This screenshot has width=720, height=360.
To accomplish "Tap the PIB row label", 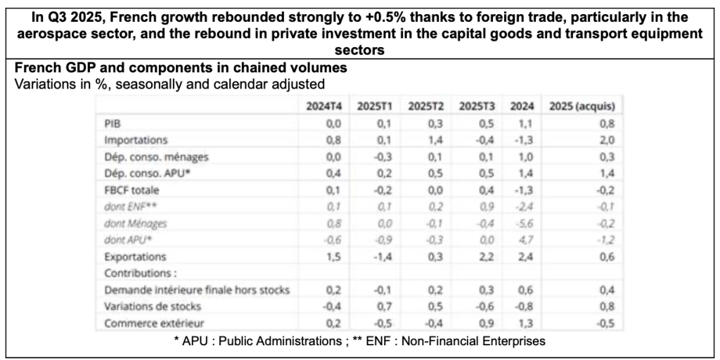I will coord(112,123).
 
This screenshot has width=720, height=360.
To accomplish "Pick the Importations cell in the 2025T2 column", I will coord(431,140).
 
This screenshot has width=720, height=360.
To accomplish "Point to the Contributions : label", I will coord(136,273).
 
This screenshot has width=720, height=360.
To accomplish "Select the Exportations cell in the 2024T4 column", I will coord(334,257).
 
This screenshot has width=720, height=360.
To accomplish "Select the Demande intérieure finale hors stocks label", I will coord(196,290).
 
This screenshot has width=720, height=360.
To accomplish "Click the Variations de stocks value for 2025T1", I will coord(381,306).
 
